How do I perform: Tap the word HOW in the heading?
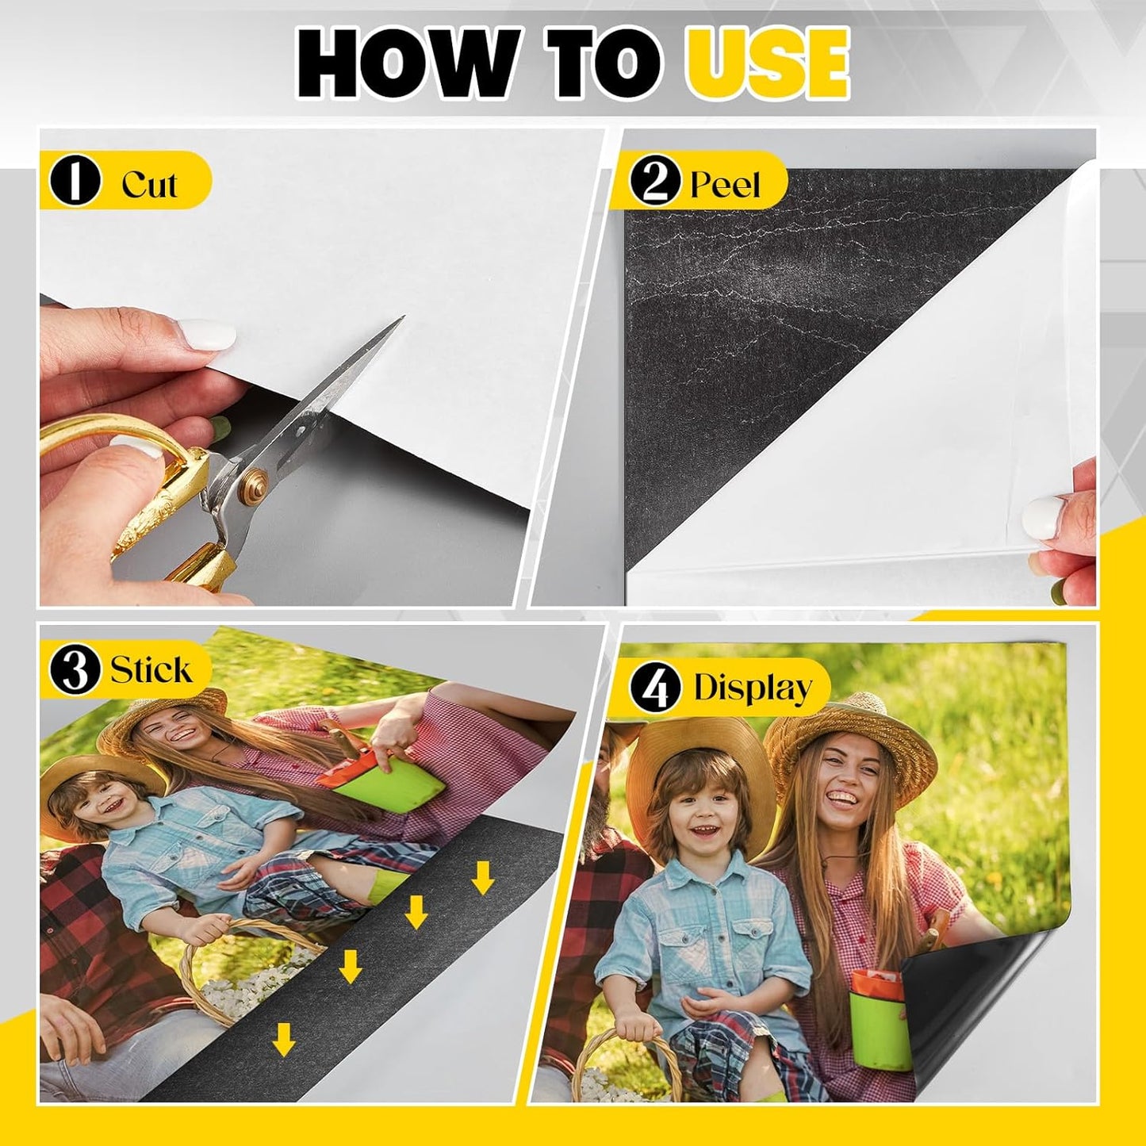pos(404,63)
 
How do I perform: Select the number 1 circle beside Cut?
pos(75,181)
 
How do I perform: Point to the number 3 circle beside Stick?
pos(75,669)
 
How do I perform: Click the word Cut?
pos(149,184)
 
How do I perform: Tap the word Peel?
pos(725,184)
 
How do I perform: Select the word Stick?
pos(151,670)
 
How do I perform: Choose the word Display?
pos(752,688)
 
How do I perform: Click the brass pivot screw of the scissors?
pos(255,480)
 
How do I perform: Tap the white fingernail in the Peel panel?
pos(1041,517)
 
